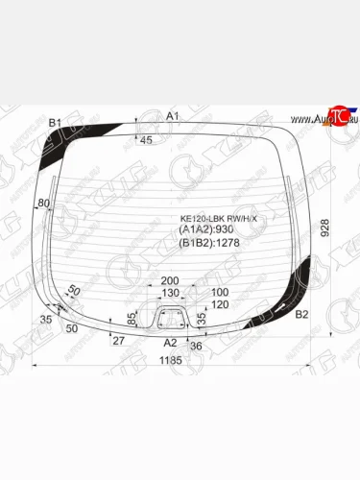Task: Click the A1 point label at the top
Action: tap(173, 116)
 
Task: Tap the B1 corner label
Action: tap(55, 122)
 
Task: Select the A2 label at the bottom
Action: tap(170, 342)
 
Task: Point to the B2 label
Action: tap(301, 314)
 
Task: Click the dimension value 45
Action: tap(147, 140)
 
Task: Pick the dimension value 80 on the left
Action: tap(43, 204)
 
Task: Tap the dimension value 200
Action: tap(169, 280)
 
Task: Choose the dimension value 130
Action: tap(169, 292)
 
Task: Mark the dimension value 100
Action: tap(220, 292)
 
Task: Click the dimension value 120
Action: tap(220, 304)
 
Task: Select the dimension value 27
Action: tap(118, 341)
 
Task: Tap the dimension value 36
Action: tap(197, 345)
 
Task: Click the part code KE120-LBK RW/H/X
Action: tap(220, 219)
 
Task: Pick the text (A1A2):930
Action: tap(206, 230)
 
